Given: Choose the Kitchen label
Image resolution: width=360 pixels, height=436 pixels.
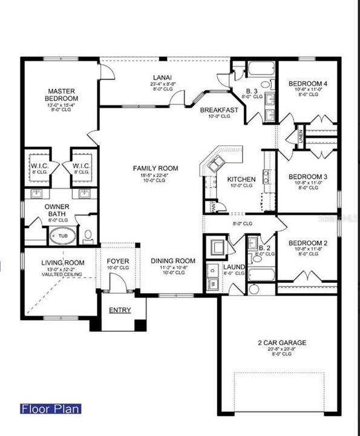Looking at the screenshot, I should tap(241, 179).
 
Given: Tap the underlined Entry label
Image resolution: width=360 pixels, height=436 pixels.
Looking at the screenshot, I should tap(119, 310).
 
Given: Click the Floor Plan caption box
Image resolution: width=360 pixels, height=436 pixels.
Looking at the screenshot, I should tap(50, 409).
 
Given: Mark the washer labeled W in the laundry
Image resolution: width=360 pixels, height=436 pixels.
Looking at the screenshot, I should tap(213, 283).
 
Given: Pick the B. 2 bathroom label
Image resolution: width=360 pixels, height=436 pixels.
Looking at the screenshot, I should tap(264, 248).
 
